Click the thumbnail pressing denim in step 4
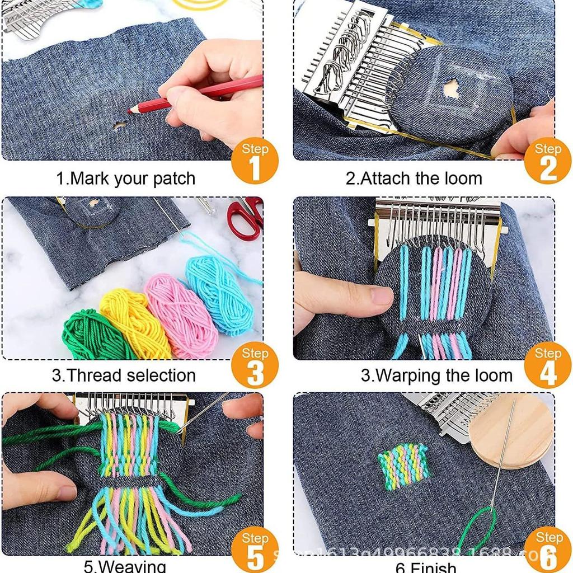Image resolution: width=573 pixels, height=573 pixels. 382,295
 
